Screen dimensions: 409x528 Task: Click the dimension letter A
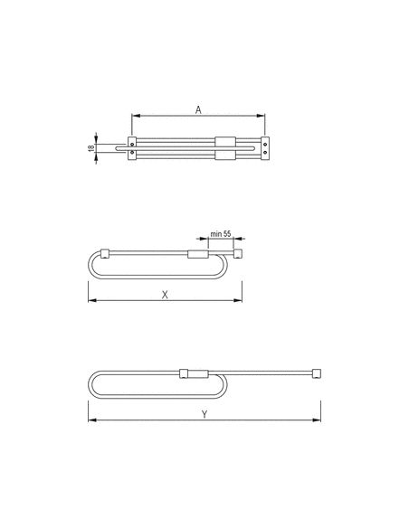(x=198, y=109)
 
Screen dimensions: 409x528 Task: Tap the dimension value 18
(x=91, y=148)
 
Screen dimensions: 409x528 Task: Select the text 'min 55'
(x=221, y=233)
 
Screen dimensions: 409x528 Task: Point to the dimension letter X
(x=165, y=295)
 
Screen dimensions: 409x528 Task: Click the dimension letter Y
(x=204, y=414)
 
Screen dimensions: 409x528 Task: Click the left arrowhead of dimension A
(x=136, y=116)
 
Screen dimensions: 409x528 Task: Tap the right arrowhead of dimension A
(x=261, y=116)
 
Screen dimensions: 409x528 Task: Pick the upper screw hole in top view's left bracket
(x=132, y=144)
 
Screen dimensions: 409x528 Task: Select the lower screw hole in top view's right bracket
(x=265, y=152)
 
